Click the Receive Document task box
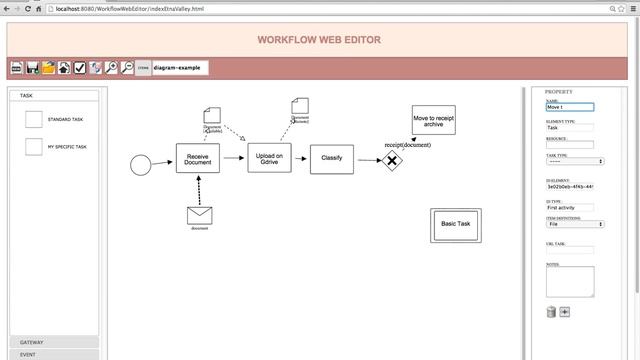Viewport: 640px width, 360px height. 197,158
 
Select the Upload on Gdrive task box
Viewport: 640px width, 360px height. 269,157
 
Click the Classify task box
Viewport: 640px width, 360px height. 331,158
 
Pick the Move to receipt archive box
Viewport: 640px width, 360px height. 433,120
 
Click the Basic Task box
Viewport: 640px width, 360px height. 455,224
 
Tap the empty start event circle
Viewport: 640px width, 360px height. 140,164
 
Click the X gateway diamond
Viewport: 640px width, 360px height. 393,160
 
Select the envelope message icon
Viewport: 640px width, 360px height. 200,214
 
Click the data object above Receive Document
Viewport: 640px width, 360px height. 211,114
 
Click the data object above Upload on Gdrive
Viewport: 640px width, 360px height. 300,105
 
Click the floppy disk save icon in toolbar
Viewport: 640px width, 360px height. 32,68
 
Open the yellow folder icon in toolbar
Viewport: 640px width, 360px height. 48,68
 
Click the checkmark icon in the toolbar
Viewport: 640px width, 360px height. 80,68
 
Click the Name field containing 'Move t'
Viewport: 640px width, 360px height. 569,107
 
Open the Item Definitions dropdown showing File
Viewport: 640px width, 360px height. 575,224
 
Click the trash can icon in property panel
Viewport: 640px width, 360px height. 550,312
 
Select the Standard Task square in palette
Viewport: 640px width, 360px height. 34,119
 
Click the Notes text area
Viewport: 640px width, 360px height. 570,281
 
